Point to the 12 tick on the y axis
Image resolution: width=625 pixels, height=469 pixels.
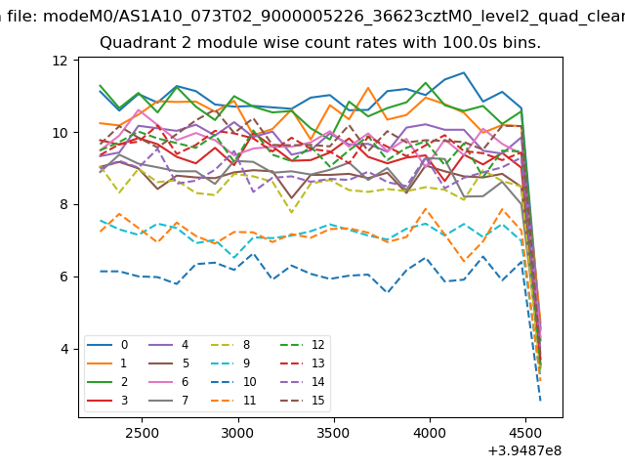pos(60,61)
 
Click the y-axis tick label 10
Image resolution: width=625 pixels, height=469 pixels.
pos(60,133)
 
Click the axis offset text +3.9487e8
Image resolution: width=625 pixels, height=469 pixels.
pos(523,450)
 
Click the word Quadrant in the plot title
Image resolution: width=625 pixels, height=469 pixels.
pos(136,44)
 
